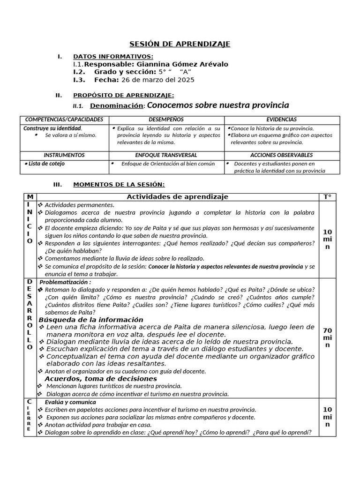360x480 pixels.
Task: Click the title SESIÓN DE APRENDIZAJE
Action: pos(180,44)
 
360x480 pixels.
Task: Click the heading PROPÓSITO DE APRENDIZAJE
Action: pos(124,95)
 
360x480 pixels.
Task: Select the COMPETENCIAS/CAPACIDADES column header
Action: pos(64,120)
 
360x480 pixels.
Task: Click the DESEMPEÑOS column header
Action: pos(166,120)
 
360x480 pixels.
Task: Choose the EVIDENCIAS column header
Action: pos(281,120)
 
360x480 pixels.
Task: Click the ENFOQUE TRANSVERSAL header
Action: pos(166,155)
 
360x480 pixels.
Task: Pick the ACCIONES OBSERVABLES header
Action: pos(281,155)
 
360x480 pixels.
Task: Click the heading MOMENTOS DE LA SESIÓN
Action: pos(119,185)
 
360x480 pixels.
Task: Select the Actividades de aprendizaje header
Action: pos(177,197)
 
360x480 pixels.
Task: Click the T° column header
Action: pos(327,197)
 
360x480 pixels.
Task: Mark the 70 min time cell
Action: pos(327,337)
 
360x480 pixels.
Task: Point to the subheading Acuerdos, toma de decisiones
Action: pos(101,378)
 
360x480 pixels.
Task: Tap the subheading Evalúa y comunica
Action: pos(70,402)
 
